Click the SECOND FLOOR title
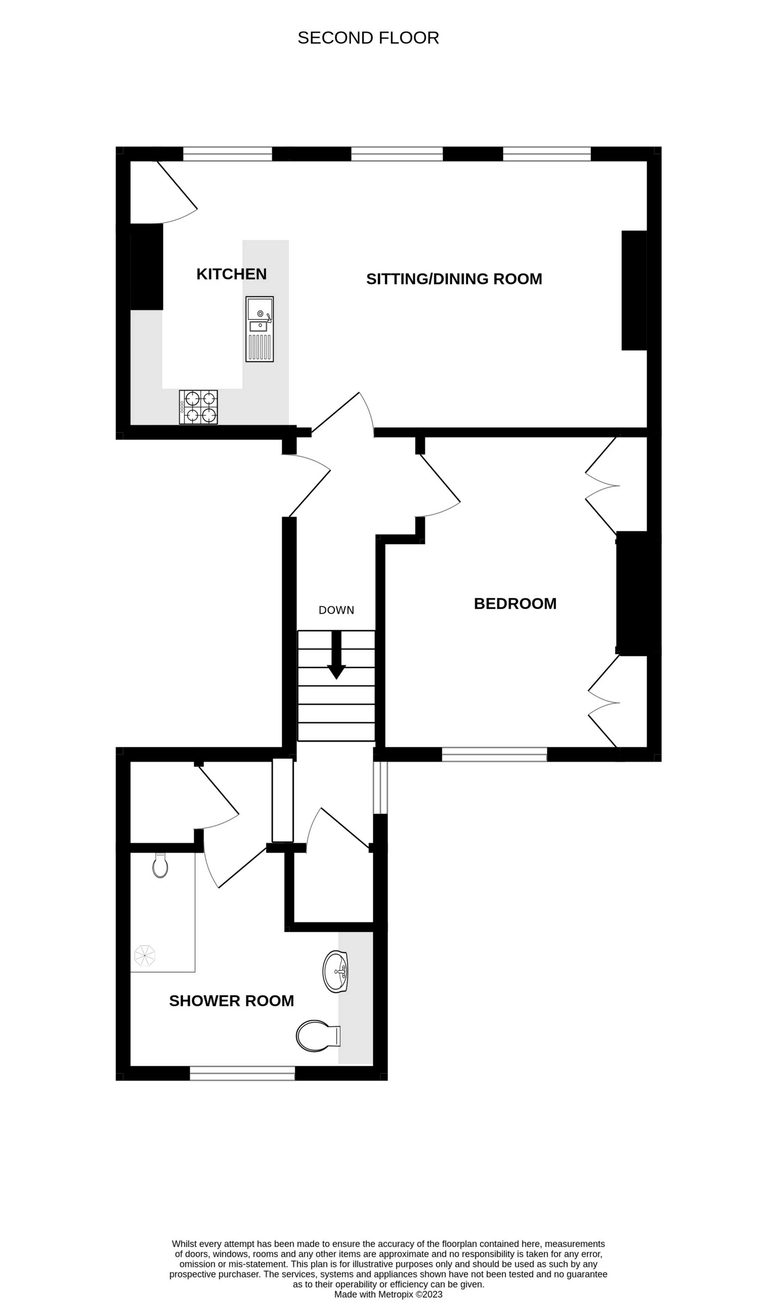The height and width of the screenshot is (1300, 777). (x=368, y=38)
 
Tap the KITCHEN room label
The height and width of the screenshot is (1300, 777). (x=231, y=274)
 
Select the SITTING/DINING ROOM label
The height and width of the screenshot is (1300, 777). (x=454, y=279)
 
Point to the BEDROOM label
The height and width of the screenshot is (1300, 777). (x=515, y=604)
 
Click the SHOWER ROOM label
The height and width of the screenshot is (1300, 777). (x=231, y=1001)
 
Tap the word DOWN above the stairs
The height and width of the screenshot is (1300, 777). (x=336, y=610)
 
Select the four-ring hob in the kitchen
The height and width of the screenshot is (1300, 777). (x=198, y=407)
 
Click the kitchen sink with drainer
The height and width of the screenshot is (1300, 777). (x=260, y=329)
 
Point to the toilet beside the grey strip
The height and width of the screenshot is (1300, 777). (x=317, y=1036)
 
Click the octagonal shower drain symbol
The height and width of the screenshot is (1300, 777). (x=145, y=955)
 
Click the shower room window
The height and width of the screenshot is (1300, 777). (x=242, y=1073)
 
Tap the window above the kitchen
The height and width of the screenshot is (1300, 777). (x=227, y=154)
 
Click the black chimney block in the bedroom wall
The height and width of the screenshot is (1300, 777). (x=638, y=593)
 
